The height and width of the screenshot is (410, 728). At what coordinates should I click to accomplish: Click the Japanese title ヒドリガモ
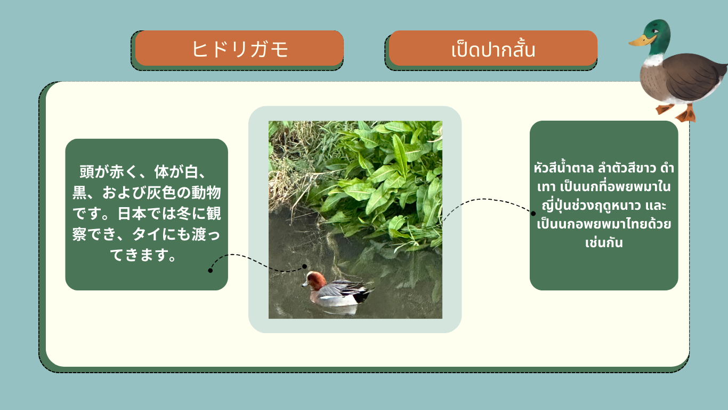(x=240, y=49)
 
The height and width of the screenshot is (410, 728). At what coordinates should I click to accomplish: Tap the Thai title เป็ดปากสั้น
(x=493, y=50)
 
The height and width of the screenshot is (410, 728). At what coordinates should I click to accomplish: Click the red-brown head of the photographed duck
(x=316, y=281)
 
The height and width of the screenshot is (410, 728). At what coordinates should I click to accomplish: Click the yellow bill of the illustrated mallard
(x=641, y=41)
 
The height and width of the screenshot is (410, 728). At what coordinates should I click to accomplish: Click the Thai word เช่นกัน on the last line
(x=604, y=242)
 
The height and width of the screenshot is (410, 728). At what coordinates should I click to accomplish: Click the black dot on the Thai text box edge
(x=533, y=214)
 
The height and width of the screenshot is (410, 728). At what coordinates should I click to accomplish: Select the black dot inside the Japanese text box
(x=211, y=270)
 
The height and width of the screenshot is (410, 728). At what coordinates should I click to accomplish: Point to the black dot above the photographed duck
(x=304, y=266)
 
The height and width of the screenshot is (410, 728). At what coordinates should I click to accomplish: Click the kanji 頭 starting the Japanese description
(x=87, y=172)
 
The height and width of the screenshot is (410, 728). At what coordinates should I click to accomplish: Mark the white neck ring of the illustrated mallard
(x=653, y=60)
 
